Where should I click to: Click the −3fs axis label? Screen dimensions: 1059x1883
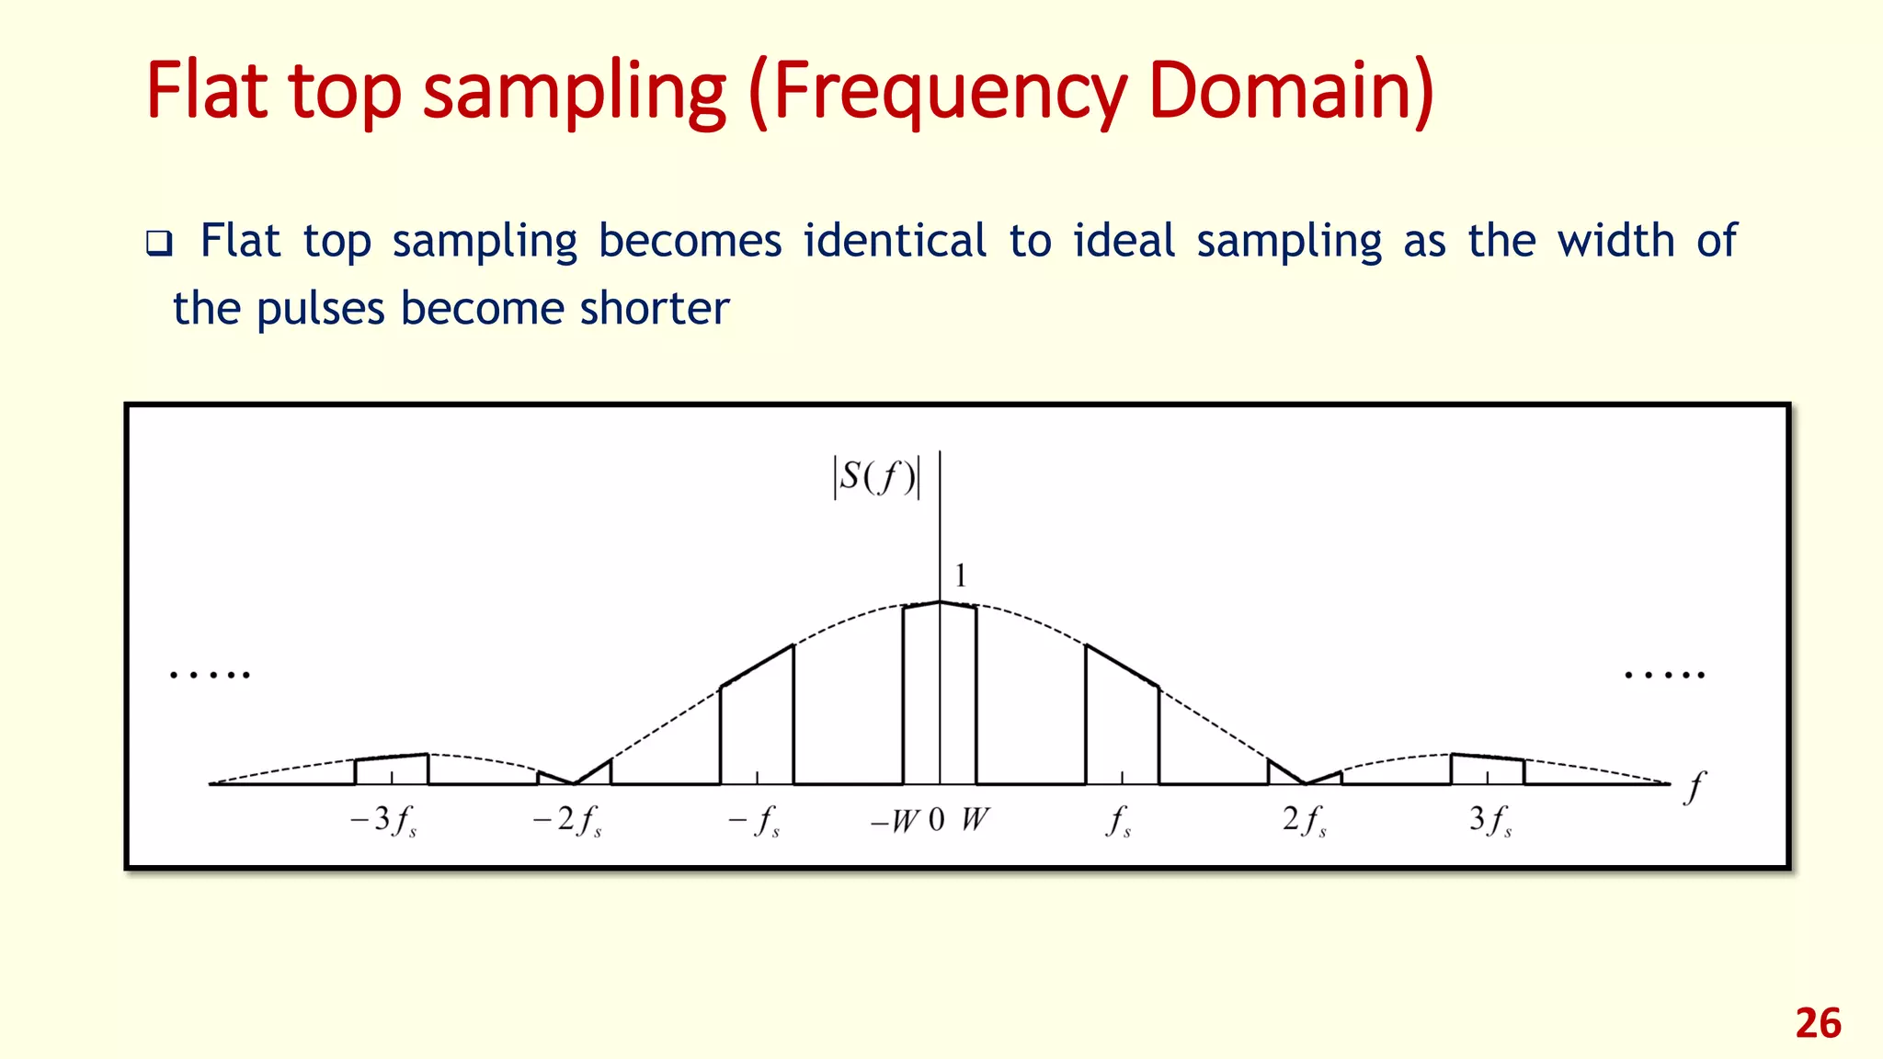point(383,819)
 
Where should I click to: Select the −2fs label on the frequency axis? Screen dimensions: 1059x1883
point(567,819)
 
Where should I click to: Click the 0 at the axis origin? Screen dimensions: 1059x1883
point(937,819)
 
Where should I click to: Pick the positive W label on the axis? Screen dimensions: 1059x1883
point(975,819)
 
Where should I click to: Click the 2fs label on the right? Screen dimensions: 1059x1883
point(1305,819)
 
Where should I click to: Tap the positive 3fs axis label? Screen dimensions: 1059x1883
point(1490,819)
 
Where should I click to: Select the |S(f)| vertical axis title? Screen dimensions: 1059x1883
point(876,477)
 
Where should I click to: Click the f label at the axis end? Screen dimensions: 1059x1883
point(1694,788)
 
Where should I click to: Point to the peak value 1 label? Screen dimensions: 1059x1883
point(961,576)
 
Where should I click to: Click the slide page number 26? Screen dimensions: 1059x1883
point(1818,1023)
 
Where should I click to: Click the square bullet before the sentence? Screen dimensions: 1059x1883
point(159,245)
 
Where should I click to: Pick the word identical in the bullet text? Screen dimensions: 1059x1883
point(895,241)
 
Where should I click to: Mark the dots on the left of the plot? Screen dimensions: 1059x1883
point(210,676)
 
